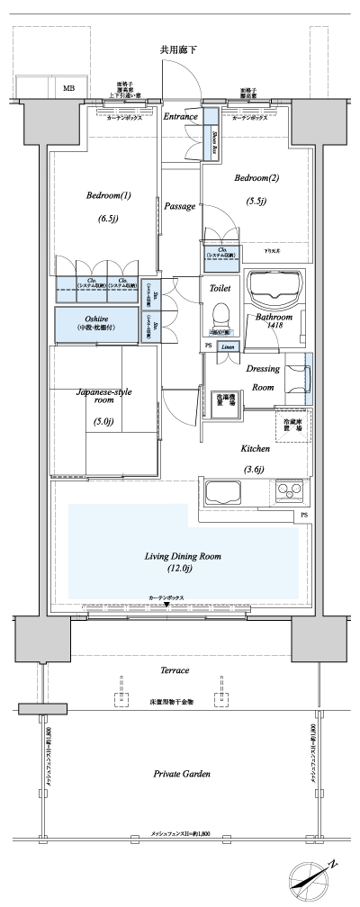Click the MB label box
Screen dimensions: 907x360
(x=69, y=88)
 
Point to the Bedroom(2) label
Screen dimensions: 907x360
(x=256, y=178)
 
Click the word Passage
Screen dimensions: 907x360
(x=180, y=206)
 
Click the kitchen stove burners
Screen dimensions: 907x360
(x=291, y=492)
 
